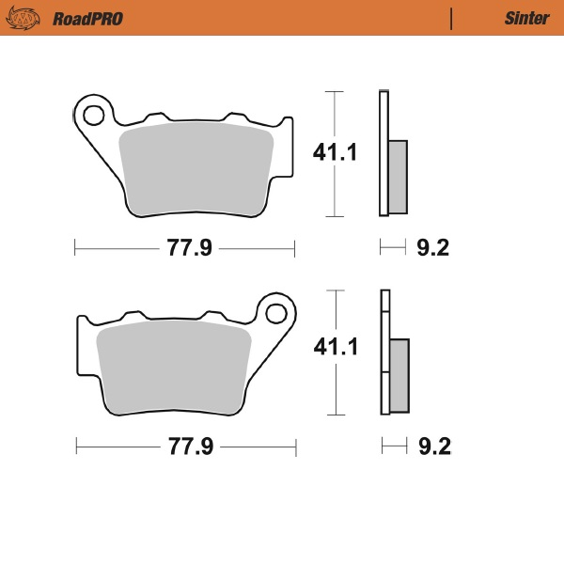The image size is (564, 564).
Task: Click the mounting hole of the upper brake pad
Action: click(92, 116)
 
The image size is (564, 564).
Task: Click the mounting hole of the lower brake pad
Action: click(276, 312)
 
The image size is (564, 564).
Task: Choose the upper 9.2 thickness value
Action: click(432, 248)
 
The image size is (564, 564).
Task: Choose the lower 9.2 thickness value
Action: click(433, 446)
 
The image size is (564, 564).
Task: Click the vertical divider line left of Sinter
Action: click(451, 18)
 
